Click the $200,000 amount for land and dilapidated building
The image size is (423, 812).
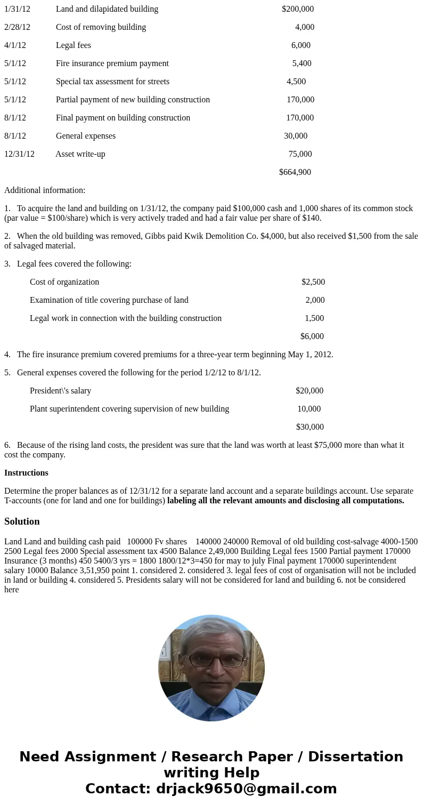297,9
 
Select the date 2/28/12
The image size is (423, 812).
17,27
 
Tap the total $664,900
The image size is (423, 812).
295,172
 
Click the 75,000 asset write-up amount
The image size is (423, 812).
300,154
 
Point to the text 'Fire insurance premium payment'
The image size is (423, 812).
112,63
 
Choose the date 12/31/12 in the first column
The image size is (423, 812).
19,154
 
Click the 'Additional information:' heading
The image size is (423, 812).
45,190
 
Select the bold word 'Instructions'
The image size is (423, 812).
26,473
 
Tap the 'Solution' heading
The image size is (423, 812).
22,521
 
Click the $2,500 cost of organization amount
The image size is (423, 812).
313,282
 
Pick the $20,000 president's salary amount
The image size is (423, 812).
309,391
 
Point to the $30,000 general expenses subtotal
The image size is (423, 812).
310,427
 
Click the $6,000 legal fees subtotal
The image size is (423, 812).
312,336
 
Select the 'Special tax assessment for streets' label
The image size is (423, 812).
112,82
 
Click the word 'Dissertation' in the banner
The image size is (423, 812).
355,757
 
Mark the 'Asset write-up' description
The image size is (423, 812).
80,154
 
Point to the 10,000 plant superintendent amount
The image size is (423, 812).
309,409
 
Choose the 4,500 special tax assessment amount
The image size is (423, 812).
296,82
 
